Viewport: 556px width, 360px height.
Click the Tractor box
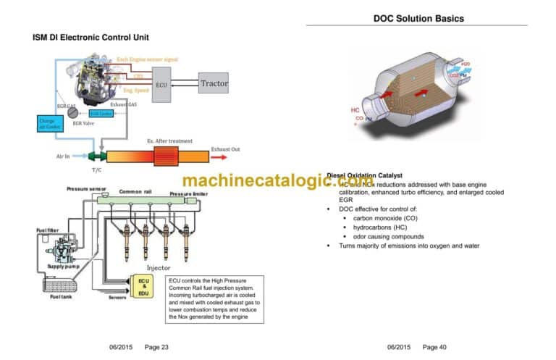214,83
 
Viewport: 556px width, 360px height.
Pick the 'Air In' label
64,156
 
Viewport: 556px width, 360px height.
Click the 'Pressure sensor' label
87,188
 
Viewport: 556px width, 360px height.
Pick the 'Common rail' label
134,191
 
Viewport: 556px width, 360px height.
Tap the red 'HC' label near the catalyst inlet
355,110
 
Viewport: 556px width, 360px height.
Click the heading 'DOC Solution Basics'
418,18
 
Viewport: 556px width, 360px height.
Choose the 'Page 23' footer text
156,347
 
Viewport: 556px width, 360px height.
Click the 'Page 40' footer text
434,347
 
